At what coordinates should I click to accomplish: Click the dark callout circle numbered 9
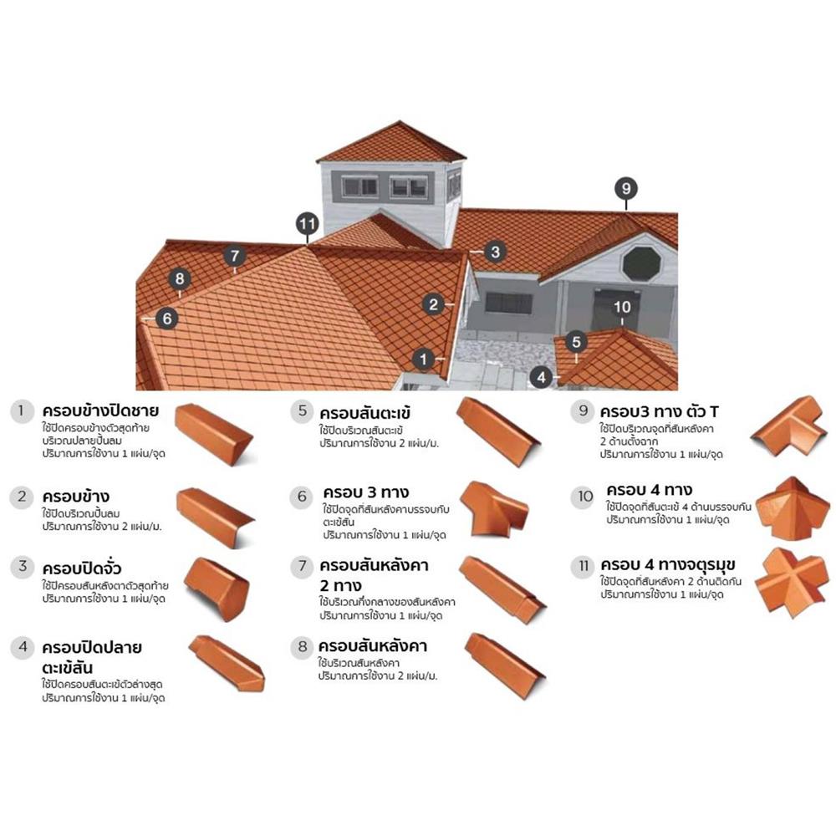click(x=626, y=188)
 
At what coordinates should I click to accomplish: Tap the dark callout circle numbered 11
click(x=307, y=224)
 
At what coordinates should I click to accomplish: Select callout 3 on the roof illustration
click(x=495, y=252)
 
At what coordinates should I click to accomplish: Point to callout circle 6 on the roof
click(x=167, y=319)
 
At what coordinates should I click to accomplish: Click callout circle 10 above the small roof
click(x=622, y=307)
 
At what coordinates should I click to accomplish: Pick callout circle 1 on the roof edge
click(x=423, y=359)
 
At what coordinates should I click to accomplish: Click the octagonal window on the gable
click(x=642, y=264)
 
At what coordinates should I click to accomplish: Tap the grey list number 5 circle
click(x=303, y=411)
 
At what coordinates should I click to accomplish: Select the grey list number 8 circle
click(x=303, y=647)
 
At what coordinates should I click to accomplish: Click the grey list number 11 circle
click(x=584, y=566)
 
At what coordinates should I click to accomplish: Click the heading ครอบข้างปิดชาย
click(x=100, y=411)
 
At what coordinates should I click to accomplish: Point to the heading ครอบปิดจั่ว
click(x=82, y=568)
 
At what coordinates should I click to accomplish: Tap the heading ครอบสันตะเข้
click(x=365, y=413)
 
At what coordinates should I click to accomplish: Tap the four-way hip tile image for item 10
click(x=793, y=507)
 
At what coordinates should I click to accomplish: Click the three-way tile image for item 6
click(x=494, y=508)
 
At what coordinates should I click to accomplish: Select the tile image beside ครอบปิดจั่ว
click(x=217, y=589)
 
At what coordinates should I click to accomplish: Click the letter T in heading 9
click(x=713, y=411)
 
